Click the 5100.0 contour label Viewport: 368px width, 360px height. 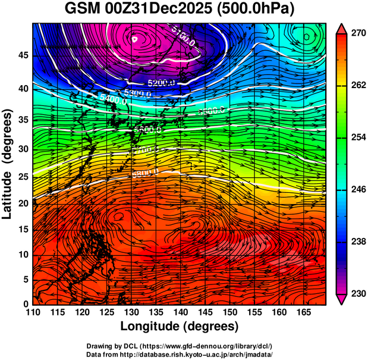point(184,36)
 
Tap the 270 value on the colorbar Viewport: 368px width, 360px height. point(357,34)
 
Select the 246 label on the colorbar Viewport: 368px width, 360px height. point(357,189)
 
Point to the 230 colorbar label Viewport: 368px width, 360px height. point(357,293)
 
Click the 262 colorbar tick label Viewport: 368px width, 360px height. point(357,86)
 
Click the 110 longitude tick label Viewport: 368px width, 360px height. point(33,312)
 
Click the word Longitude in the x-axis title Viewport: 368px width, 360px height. point(151,326)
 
